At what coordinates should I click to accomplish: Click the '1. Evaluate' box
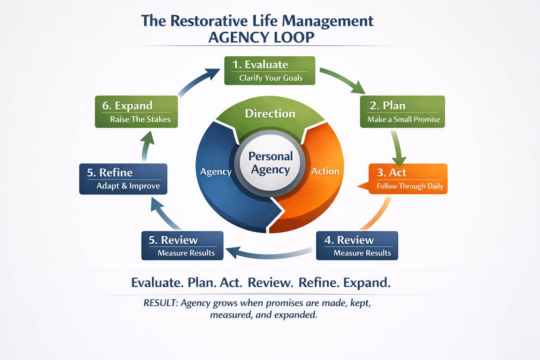[270, 71]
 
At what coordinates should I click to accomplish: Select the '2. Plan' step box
[402, 111]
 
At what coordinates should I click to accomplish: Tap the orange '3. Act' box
[408, 179]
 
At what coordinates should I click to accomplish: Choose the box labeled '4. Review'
[357, 245]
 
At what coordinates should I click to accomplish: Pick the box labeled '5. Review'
[182, 245]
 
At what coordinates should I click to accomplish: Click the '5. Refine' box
[123, 179]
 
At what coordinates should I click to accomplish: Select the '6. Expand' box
[136, 111]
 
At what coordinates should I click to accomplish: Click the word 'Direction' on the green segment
[270, 114]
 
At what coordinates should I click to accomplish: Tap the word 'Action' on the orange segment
[325, 171]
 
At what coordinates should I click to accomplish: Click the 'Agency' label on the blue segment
[216, 172]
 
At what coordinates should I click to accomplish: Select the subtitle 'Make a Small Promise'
[404, 120]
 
